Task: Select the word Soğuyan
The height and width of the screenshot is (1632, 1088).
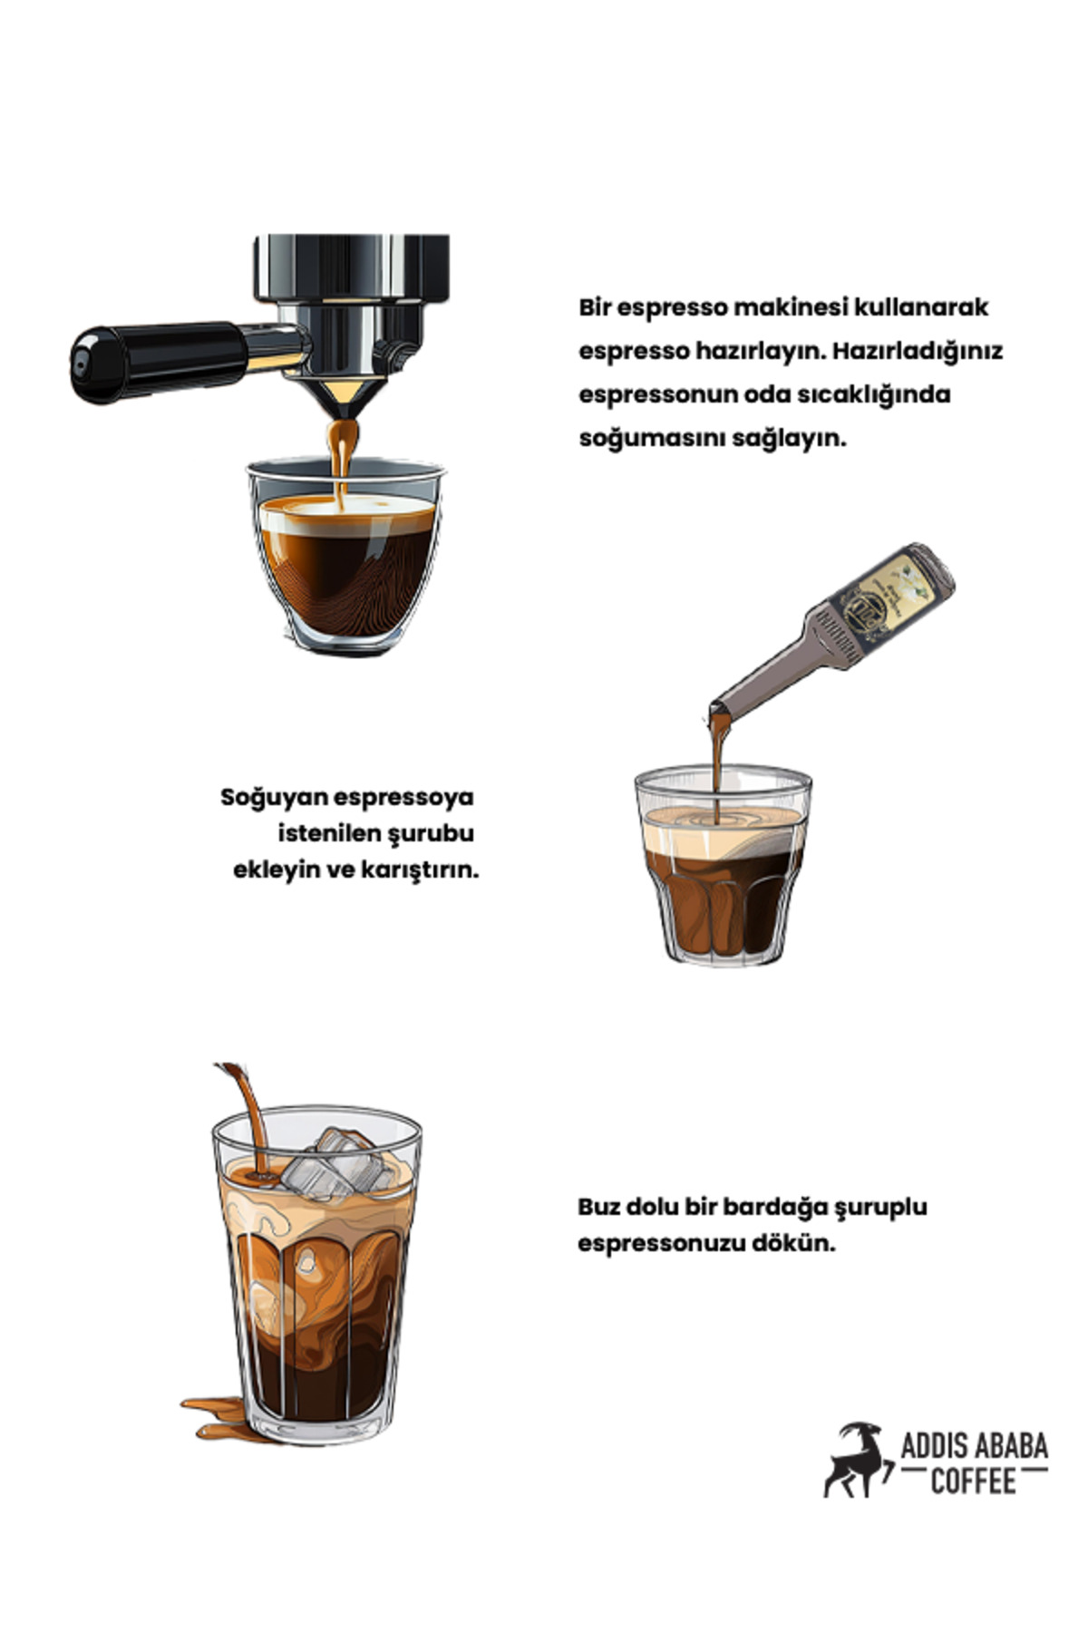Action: pos(274,799)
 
